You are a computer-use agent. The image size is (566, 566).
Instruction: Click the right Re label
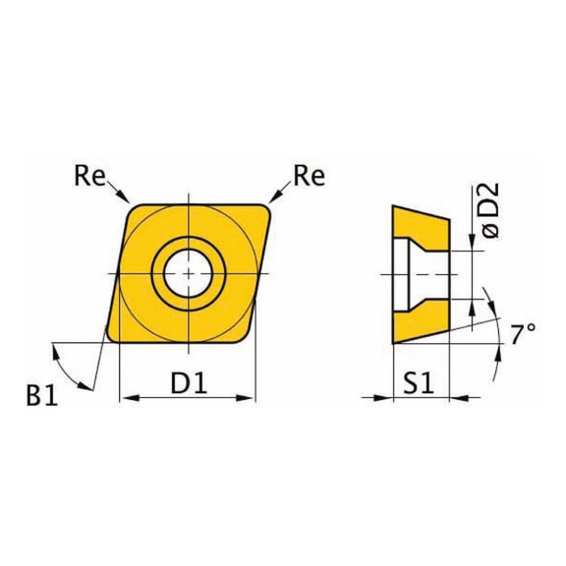(309, 176)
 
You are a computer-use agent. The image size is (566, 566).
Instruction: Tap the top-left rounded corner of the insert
(134, 207)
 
